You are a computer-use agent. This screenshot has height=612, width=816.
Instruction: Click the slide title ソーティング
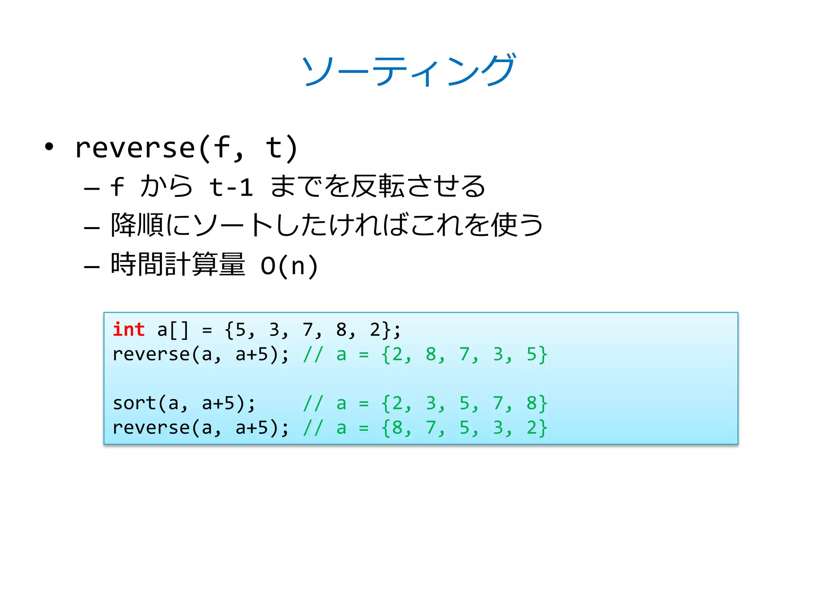click(408, 70)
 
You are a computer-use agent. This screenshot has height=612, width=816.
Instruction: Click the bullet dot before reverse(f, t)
click(49, 147)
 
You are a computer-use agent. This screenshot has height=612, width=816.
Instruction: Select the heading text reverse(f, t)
click(186, 148)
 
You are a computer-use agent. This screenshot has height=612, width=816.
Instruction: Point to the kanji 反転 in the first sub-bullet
click(378, 186)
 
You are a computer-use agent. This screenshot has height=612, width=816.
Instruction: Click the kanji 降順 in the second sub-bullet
click(137, 225)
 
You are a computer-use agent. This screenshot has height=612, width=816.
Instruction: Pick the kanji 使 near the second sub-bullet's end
click(504, 225)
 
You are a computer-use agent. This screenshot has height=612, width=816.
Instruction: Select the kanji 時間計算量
click(178, 265)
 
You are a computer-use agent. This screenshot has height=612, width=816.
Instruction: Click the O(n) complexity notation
click(289, 266)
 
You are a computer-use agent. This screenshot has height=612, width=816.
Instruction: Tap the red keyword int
click(128, 330)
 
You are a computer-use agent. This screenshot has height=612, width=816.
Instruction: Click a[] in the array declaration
click(173, 330)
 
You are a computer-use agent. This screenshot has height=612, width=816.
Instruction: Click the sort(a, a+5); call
click(184, 403)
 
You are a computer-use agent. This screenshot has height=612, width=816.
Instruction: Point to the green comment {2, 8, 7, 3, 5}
click(464, 354)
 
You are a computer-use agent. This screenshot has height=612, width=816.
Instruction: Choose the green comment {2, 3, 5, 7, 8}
click(464, 403)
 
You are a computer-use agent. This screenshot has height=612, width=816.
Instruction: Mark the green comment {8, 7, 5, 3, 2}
click(464, 428)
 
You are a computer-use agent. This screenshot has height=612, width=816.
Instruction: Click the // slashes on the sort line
click(313, 403)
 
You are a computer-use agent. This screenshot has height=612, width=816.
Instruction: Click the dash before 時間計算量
click(92, 266)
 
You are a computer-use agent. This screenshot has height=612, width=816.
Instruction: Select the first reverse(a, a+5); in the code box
click(200, 354)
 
